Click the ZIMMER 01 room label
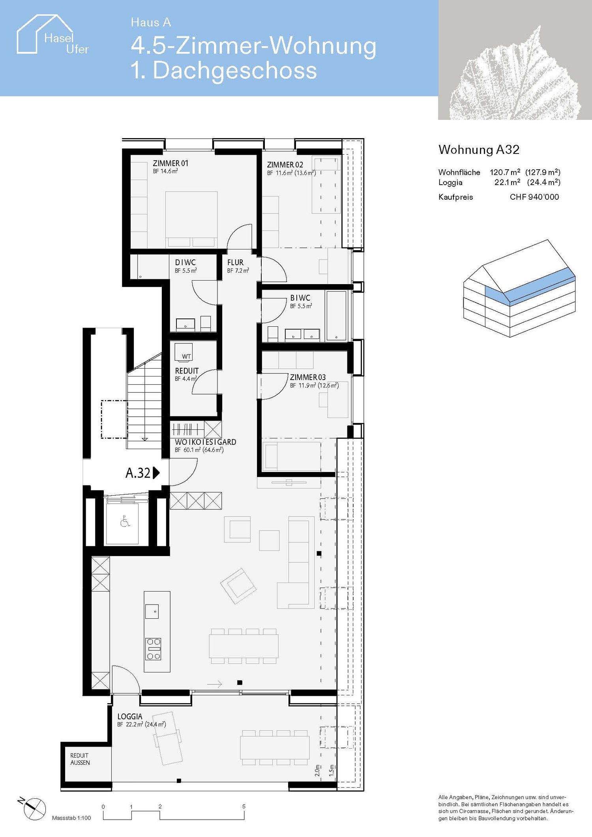[x=170, y=163]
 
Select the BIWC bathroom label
[x=300, y=298]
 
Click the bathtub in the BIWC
[x=336, y=316]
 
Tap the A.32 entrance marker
[x=142, y=473]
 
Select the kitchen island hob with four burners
[x=154, y=649]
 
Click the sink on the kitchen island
[x=152, y=611]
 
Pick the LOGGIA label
[x=130, y=716]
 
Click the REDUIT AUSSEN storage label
[x=80, y=759]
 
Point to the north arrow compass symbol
[x=34, y=809]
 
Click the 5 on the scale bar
[x=244, y=806]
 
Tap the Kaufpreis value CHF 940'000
[x=534, y=197]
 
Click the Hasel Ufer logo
[x=52, y=36]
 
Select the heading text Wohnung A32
[x=479, y=150]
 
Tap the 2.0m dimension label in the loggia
[x=317, y=771]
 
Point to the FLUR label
[x=235, y=262]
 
